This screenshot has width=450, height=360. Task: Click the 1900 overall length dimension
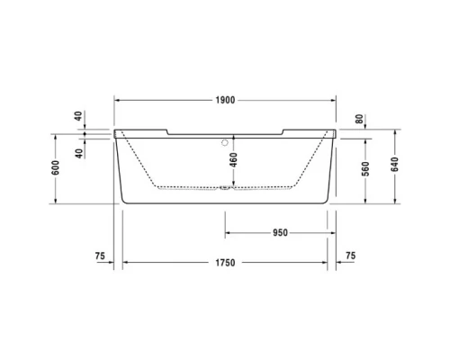click(x=225, y=101)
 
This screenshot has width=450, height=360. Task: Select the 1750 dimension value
click(x=225, y=263)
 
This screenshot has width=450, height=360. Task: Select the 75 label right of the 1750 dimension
click(x=350, y=256)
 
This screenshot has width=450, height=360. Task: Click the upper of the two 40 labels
click(x=79, y=115)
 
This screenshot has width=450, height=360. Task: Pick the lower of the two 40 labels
click(x=79, y=152)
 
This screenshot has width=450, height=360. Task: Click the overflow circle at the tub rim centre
click(x=225, y=141)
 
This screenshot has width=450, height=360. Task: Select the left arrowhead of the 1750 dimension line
click(x=124, y=263)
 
